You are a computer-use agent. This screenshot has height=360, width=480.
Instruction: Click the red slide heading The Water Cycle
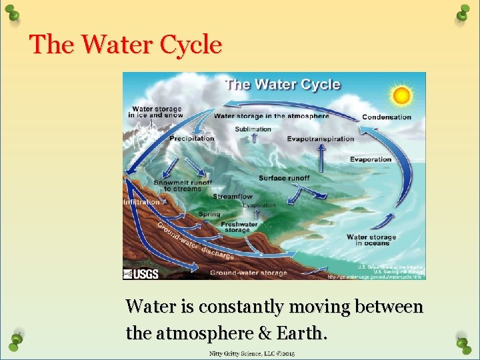125,45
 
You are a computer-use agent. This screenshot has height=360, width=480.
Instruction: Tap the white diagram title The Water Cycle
283,85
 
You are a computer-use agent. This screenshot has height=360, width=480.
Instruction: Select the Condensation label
387,117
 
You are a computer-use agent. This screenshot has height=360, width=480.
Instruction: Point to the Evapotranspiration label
321,139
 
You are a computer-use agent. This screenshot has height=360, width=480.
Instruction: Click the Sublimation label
253,129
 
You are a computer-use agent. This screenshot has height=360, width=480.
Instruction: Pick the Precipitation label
192,139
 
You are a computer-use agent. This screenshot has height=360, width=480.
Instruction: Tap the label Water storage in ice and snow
155,112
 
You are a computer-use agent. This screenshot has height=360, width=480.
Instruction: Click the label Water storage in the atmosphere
271,116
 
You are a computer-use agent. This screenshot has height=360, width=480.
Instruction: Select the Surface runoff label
283,178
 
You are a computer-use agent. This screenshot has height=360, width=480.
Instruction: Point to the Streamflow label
233,197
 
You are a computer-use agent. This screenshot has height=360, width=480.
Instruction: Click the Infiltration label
141,201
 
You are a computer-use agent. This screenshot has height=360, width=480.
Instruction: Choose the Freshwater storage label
239,228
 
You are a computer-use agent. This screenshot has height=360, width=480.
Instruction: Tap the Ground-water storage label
249,273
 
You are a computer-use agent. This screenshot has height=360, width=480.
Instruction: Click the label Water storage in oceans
371,240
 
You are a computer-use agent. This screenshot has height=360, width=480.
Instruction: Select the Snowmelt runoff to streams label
183,185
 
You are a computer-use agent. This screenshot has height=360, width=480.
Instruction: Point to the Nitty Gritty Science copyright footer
252,353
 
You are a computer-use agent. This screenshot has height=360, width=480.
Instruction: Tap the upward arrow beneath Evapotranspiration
321,158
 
